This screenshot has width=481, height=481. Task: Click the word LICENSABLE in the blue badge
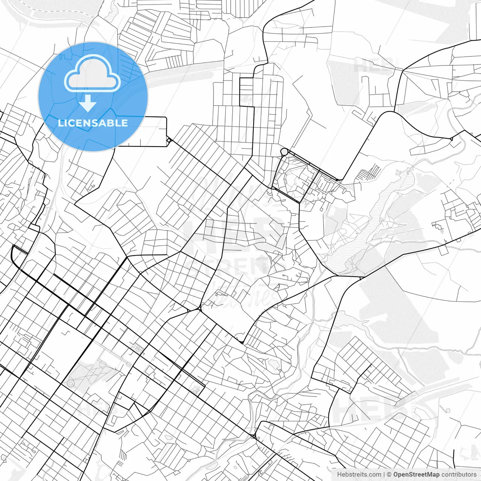click(x=93, y=123)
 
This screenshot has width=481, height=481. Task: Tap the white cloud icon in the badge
click(x=92, y=73)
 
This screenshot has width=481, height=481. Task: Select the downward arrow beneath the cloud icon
click(x=88, y=103)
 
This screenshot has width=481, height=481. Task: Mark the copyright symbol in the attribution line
click(x=390, y=475)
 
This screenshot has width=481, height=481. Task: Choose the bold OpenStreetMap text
click(x=416, y=475)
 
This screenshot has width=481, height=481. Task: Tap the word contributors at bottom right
click(x=458, y=475)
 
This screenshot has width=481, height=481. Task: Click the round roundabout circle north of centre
click(x=284, y=152)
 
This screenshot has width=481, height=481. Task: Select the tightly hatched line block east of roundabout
click(x=370, y=173)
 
